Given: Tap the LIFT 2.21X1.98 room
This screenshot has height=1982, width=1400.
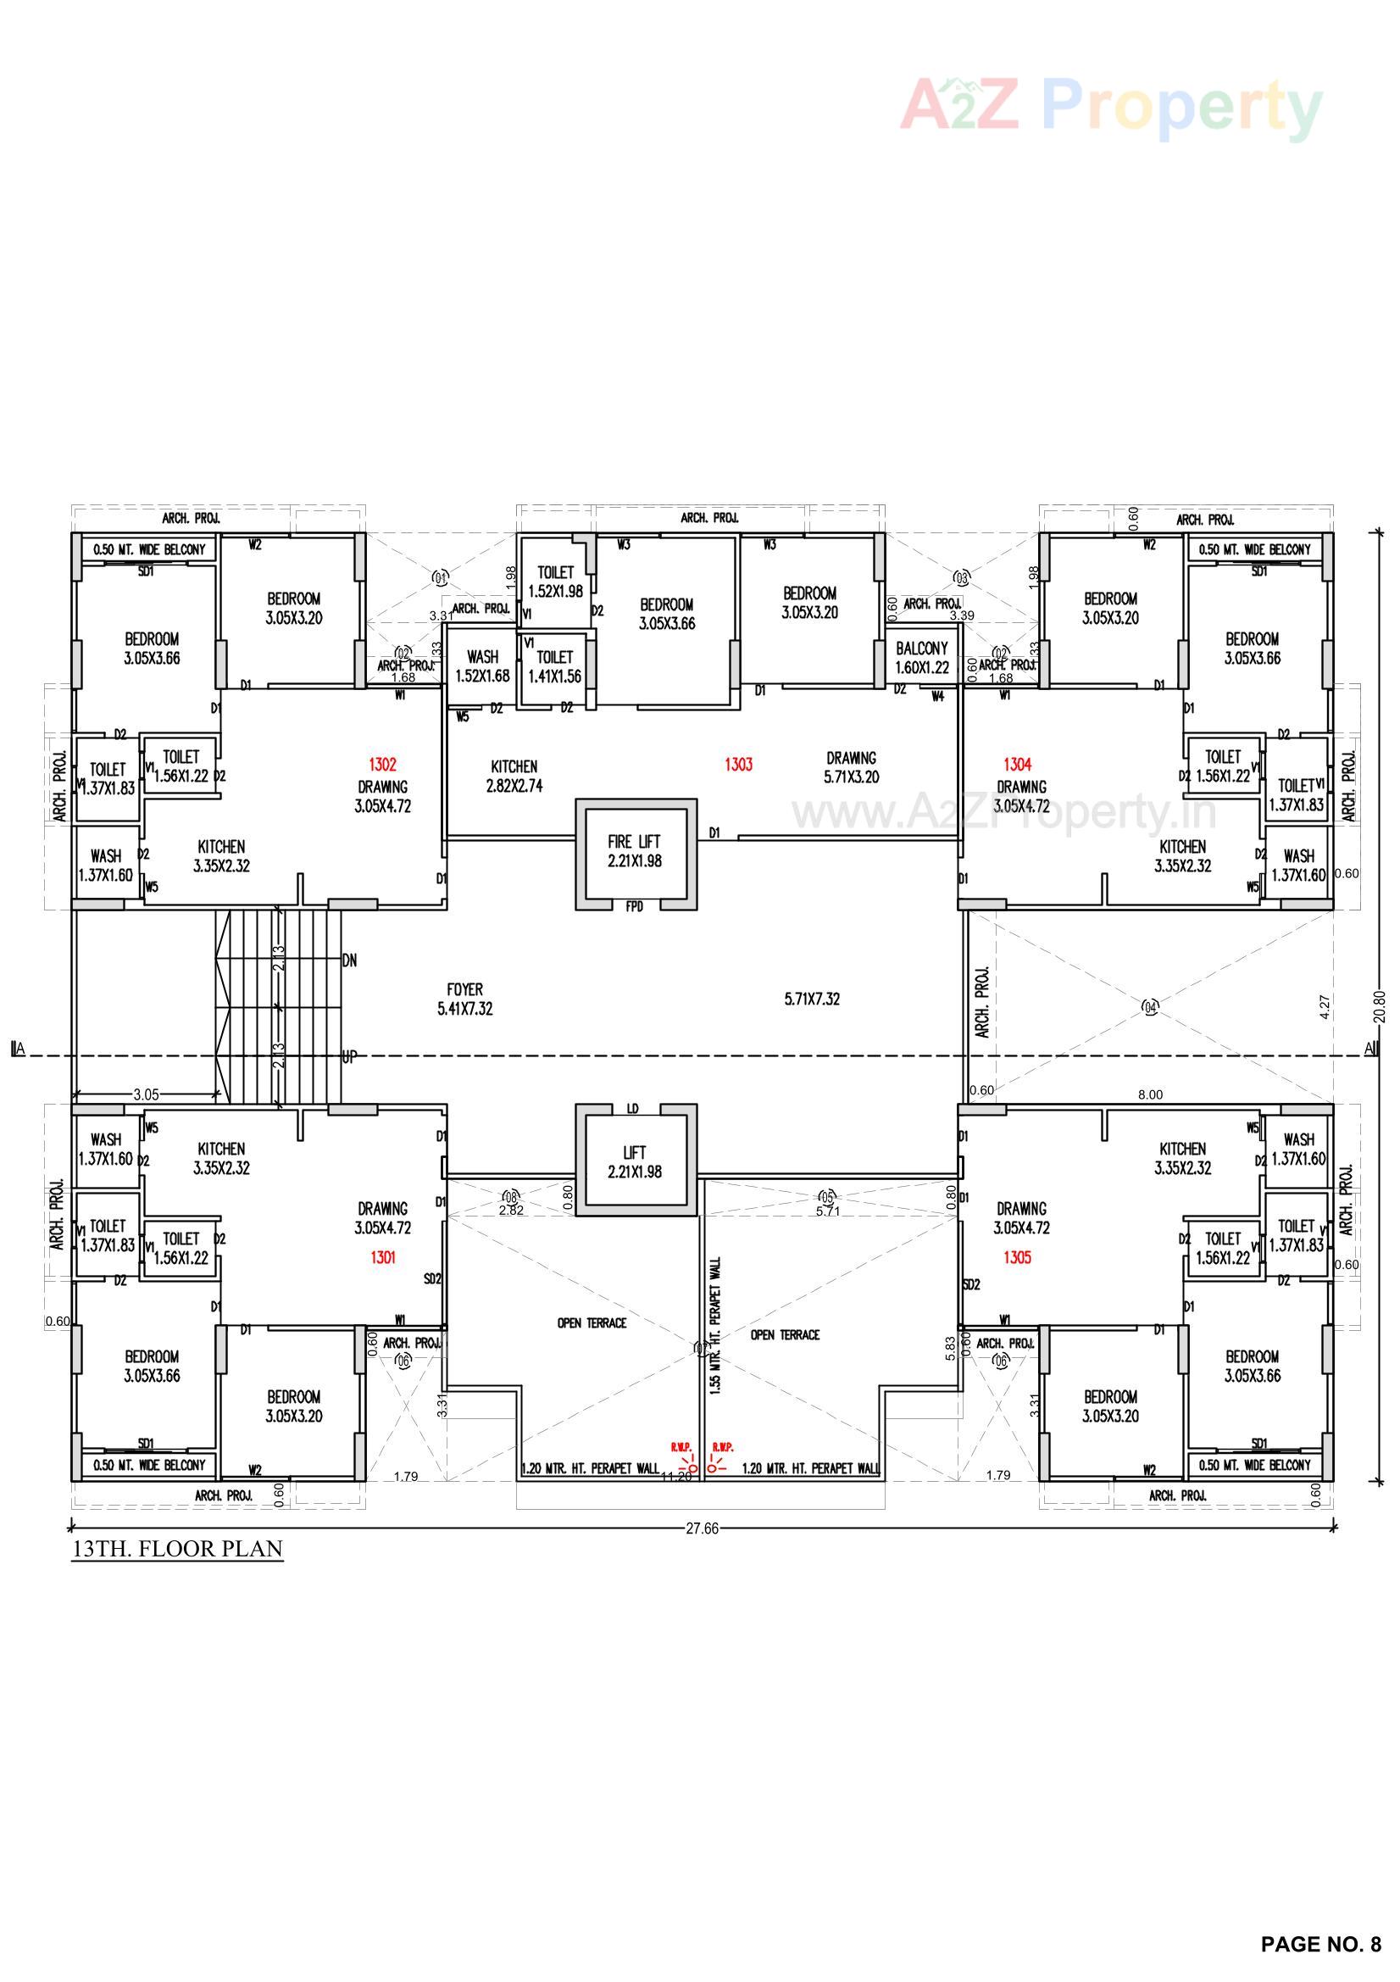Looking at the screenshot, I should pos(635,1162).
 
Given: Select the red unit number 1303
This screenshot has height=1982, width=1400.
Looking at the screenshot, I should pos(738,764).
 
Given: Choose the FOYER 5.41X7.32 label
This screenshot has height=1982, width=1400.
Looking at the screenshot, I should pos(464,999).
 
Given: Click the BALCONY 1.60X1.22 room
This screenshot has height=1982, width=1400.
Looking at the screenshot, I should pos(922,657).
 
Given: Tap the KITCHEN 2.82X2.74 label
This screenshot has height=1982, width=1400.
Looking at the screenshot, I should pos(514,776).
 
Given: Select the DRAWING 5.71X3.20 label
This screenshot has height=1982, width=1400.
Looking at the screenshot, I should pos(851,766).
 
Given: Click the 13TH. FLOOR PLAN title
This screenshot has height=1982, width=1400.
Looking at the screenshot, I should pos(177,1549).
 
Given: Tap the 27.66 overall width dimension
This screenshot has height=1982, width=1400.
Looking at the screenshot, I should pos(702,1528).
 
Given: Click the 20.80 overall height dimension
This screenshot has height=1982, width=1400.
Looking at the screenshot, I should pos(1380,1005).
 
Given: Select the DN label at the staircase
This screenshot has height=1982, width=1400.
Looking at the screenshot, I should pos(349,960).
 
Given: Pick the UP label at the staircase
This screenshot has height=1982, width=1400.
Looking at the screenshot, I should pos(348,1055).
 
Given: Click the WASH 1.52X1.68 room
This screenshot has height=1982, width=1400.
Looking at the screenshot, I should pos(482,666).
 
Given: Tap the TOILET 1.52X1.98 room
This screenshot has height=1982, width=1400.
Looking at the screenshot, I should pos(555,582).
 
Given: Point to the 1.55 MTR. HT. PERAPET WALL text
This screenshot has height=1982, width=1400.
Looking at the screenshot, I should pos(718,1326).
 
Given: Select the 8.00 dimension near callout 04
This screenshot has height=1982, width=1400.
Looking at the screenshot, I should pos(1150,1094).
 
